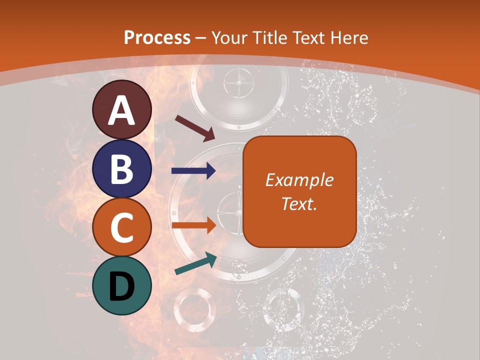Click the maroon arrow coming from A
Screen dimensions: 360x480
[x=194, y=127]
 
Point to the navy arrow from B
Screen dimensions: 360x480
[x=193, y=170]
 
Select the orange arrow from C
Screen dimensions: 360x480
[x=193, y=225]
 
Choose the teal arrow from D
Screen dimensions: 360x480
[x=195, y=263]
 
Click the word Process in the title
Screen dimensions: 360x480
[x=157, y=37]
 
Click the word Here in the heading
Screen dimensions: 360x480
[x=349, y=37]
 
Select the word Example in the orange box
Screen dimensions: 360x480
[x=299, y=180]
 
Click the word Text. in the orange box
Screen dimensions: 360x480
[x=299, y=203]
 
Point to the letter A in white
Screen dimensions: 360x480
[x=121, y=110]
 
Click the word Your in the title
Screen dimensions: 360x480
[x=228, y=37]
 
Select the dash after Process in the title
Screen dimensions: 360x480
[x=201, y=38]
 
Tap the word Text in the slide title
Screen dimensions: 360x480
[x=308, y=37]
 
